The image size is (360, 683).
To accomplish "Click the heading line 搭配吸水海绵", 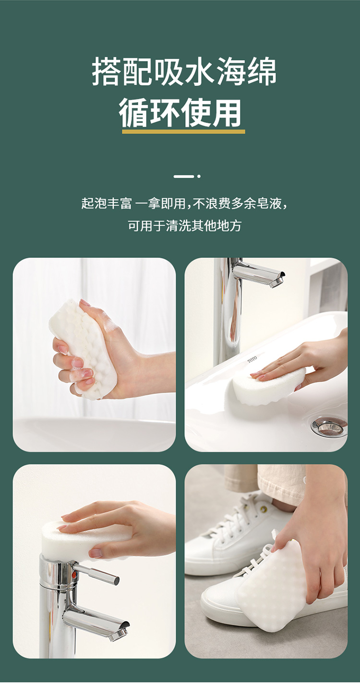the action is point(184,72).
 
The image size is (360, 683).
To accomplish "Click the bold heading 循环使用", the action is point(180,113).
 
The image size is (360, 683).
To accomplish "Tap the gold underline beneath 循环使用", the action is point(183,132).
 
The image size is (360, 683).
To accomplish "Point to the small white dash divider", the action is point(184,176).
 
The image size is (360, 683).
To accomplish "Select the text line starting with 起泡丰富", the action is point(184,203).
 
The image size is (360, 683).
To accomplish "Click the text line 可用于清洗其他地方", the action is point(184,226).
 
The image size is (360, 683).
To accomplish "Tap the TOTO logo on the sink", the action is point(252,359).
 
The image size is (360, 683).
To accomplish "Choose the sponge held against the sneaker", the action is point(268,598).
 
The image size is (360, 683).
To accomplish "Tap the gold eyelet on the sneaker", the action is point(264,508).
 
